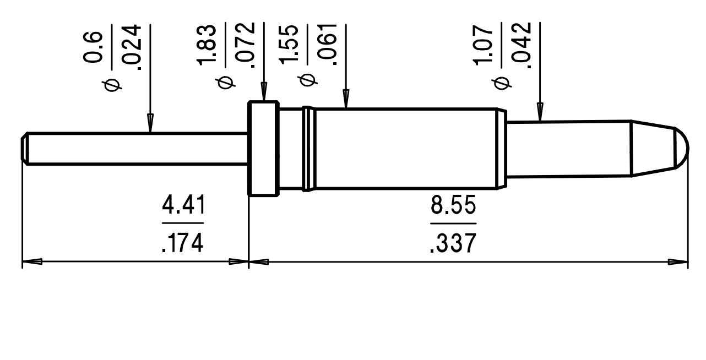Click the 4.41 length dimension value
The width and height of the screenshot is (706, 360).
(x=183, y=206)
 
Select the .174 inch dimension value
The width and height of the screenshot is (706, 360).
(x=183, y=242)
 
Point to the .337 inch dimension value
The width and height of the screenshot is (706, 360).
(x=453, y=242)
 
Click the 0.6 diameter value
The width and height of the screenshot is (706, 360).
(x=94, y=47)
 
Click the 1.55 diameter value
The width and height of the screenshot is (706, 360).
(x=290, y=44)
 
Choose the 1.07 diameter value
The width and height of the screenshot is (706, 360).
(x=485, y=44)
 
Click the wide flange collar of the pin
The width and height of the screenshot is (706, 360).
(x=263, y=148)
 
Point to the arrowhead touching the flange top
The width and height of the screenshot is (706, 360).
(x=264, y=91)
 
